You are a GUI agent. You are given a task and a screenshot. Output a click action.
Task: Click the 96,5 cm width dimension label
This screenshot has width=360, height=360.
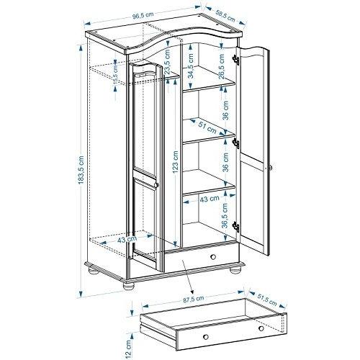(x=143, y=15)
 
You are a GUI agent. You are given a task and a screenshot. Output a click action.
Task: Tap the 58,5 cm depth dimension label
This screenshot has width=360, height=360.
(x=225, y=16)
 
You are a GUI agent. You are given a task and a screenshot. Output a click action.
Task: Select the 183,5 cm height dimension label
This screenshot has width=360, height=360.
(x=81, y=170)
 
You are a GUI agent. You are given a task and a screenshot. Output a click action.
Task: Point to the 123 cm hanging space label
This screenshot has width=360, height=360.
(x=176, y=162)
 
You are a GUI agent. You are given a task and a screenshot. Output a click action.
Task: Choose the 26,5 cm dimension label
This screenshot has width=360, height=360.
(x=221, y=67)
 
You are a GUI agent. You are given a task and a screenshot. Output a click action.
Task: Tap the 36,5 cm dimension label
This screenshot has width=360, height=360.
(x=225, y=216)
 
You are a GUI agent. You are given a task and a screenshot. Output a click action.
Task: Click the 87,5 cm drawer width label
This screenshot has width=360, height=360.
(x=194, y=300)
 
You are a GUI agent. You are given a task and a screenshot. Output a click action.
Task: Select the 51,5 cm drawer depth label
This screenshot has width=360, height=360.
(x=267, y=300)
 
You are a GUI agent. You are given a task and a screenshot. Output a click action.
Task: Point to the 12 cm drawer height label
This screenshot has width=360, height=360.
(x=128, y=348)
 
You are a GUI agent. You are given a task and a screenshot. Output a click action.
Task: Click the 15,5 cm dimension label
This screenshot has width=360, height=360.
(x=116, y=75)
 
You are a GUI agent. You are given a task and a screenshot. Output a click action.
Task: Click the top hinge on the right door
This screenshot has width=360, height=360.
(x=236, y=60)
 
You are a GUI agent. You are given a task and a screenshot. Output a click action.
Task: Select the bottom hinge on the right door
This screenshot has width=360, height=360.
(x=236, y=227)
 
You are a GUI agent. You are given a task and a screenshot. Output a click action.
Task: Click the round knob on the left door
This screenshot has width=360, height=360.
(x=156, y=185)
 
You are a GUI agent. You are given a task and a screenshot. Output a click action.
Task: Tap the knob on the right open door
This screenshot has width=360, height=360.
(x=271, y=168)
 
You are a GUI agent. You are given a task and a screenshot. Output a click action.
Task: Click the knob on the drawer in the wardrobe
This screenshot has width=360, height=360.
(x=212, y=257)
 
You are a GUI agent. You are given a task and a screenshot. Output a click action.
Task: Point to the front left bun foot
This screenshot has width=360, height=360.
(x=128, y=286)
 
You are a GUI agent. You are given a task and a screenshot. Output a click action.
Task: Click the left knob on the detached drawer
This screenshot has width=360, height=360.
(x=206, y=336)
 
